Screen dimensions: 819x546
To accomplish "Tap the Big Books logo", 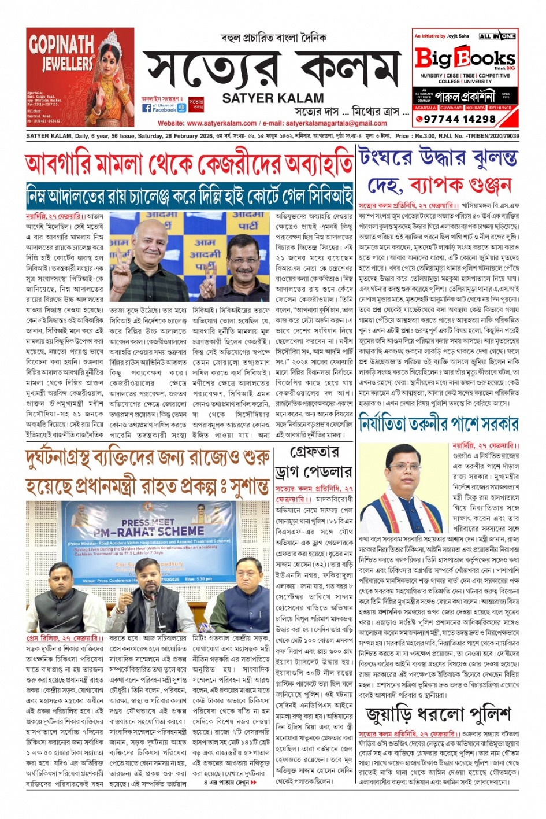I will click(464, 58).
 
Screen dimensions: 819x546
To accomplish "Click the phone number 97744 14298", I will click(460, 119).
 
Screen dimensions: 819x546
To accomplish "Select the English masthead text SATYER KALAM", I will click(273, 98).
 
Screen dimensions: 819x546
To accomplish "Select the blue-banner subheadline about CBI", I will click(189, 197).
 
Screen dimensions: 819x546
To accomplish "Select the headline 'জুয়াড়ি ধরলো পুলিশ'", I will click(438, 715).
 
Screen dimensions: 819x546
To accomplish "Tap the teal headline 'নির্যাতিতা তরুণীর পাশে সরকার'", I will click(438, 425).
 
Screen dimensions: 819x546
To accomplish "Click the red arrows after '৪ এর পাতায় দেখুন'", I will click(253, 783).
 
